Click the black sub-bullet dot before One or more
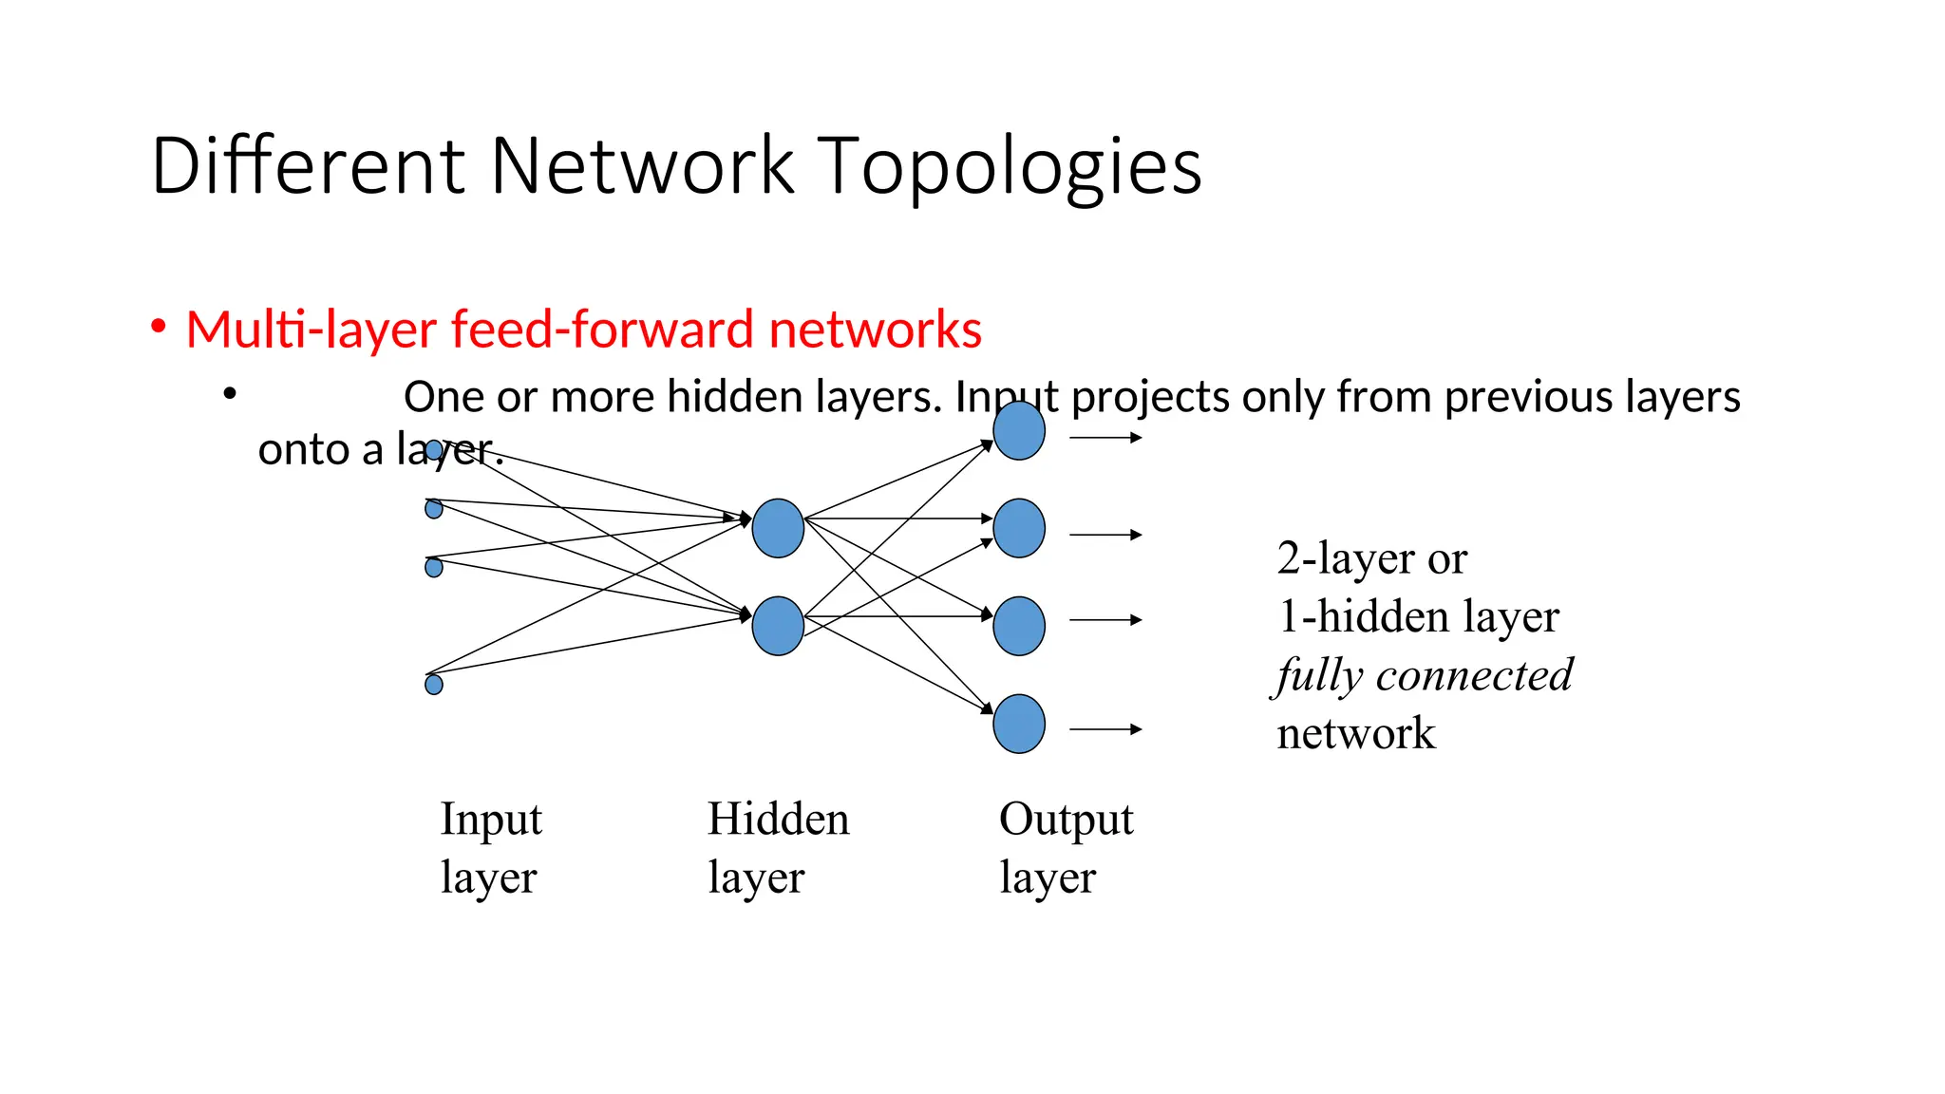tap(229, 392)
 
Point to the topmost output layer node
tap(1019, 431)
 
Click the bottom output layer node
tap(1019, 725)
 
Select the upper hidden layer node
tap(778, 528)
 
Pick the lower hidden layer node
tap(778, 626)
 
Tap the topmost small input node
tap(434, 450)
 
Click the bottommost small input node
tap(434, 685)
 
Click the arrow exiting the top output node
tap(1105, 438)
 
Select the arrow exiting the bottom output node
tap(1105, 729)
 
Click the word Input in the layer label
tap(491, 820)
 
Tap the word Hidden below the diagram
tap(778, 820)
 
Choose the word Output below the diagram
tap(1066, 820)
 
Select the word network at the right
tap(1355, 734)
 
